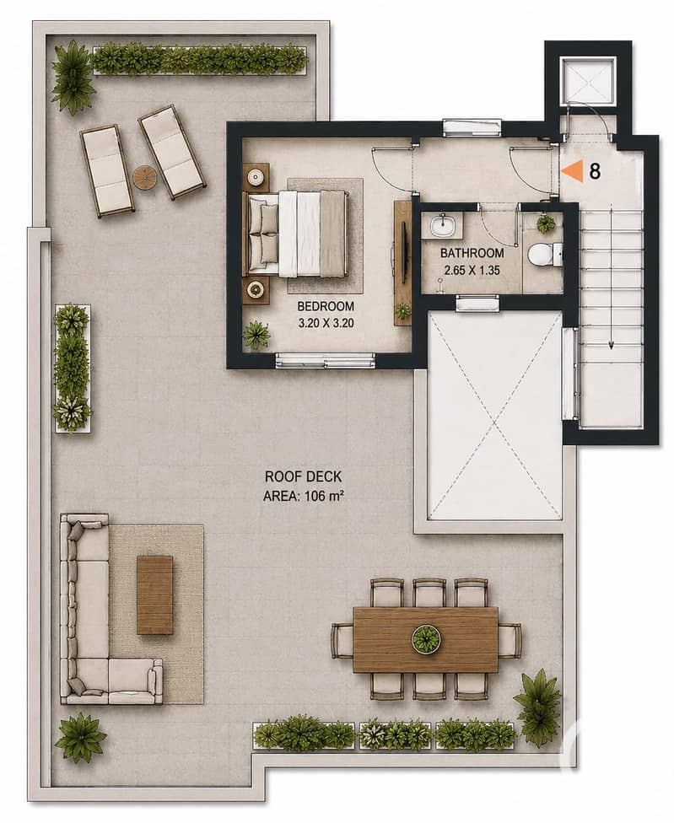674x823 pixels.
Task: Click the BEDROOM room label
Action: click(x=326, y=306)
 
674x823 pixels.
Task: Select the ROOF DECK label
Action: click(x=303, y=476)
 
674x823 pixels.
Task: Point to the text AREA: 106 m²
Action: click(x=303, y=496)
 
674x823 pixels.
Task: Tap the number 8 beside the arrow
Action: click(x=595, y=171)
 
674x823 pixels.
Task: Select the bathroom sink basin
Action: click(x=442, y=226)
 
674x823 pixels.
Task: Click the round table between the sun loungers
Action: click(x=144, y=177)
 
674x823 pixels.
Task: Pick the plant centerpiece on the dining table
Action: click(x=425, y=639)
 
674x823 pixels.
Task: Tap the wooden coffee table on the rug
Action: click(x=155, y=594)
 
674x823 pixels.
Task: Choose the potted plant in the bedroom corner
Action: click(x=256, y=334)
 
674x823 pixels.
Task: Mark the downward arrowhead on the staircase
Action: click(x=612, y=345)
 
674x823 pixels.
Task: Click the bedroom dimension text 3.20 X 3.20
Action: click(x=326, y=323)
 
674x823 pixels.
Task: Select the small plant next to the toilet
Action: click(x=546, y=224)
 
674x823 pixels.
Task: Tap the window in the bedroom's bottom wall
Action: click(x=326, y=361)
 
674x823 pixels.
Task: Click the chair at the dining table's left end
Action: click(x=342, y=640)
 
